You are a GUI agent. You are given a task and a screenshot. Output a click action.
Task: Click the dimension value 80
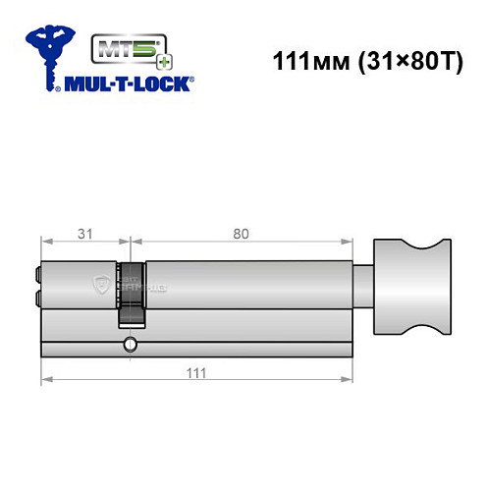point(241,233)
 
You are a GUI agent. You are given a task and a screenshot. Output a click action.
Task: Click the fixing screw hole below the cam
point(130,344)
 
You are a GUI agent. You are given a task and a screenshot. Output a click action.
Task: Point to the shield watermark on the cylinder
point(100,285)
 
